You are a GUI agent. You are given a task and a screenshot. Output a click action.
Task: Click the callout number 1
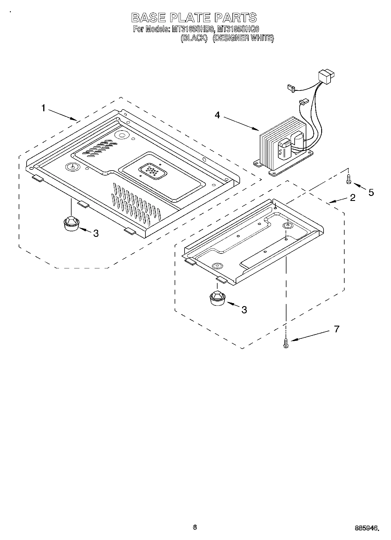(43, 109)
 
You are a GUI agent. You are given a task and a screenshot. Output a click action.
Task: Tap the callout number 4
(217, 115)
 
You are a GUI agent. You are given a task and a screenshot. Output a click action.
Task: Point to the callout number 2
(353, 198)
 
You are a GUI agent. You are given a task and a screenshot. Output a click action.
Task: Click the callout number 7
(337, 329)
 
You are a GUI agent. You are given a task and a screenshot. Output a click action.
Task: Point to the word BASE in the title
(150, 18)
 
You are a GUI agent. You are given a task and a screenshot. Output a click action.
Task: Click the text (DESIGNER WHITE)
(243, 38)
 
